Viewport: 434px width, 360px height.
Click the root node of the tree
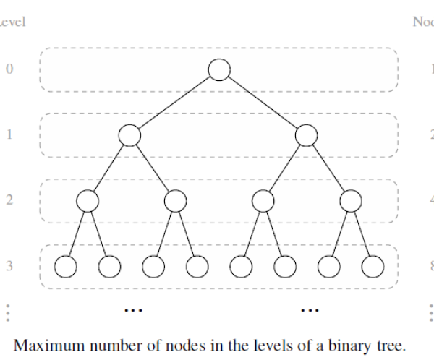(219, 69)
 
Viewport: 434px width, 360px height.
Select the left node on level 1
(129, 135)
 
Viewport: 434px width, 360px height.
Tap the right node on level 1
(307, 135)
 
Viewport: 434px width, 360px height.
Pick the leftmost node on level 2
(87, 200)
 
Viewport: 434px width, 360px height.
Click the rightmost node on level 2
(351, 200)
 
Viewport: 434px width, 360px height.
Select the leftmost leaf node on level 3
(66, 266)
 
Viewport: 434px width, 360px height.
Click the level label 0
(9, 70)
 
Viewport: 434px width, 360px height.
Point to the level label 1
(9, 135)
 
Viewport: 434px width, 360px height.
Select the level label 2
(9, 200)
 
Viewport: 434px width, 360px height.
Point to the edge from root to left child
(174, 102)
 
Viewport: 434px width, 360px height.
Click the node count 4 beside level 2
(432, 200)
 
